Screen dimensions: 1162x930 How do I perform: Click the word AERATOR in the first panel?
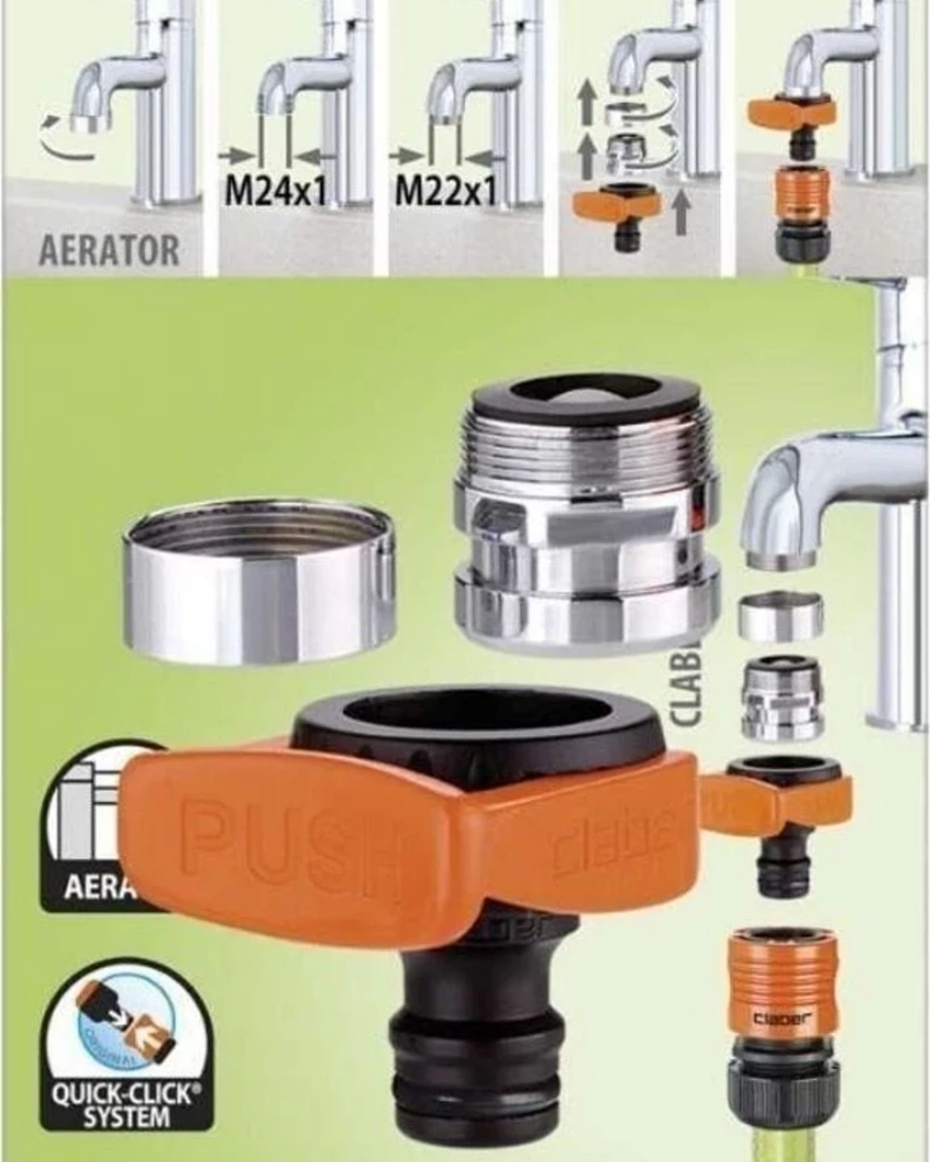109,250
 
